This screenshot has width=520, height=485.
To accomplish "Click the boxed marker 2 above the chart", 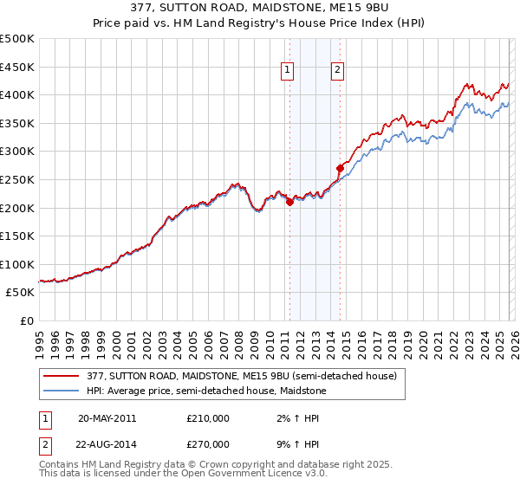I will click(x=337, y=72).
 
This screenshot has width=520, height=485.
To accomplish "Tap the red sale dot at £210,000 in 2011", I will click(x=289, y=202).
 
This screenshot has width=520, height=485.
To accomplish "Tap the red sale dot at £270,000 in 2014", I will click(x=340, y=168).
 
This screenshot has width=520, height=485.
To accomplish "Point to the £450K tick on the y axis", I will click(x=18, y=67).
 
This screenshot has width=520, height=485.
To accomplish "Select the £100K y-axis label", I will click(x=18, y=264).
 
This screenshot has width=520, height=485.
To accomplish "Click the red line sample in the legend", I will click(x=62, y=376).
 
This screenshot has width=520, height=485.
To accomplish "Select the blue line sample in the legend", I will click(x=62, y=391).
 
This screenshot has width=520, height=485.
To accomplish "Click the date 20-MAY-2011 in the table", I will click(x=107, y=417).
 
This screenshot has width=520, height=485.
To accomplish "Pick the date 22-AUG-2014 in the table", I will click(x=107, y=443).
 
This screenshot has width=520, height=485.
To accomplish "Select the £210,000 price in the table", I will click(x=208, y=417).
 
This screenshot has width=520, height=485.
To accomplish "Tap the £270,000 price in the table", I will click(x=208, y=443).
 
